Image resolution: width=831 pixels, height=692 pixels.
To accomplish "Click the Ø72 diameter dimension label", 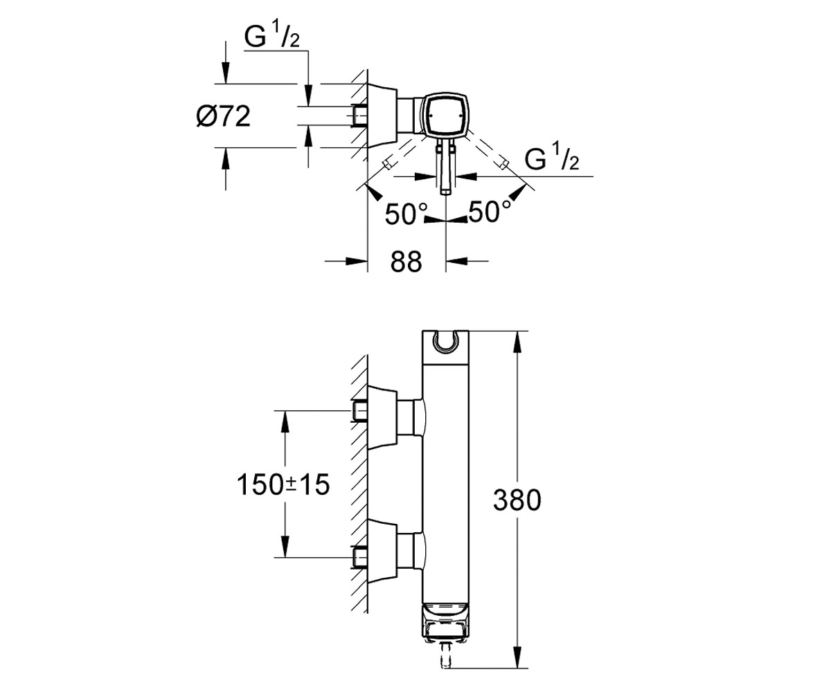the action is pyautogui.click(x=223, y=116).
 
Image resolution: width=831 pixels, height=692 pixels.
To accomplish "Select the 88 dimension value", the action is pyautogui.click(x=406, y=262).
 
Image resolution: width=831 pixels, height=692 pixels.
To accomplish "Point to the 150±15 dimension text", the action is pyautogui.click(x=283, y=485).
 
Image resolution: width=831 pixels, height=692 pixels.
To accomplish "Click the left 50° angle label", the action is pyautogui.click(x=406, y=214).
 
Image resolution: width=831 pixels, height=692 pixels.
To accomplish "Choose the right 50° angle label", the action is pyautogui.click(x=490, y=211).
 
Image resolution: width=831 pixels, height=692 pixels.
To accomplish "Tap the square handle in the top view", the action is pyautogui.click(x=445, y=116).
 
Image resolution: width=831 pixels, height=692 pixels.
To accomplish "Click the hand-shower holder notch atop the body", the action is pyautogui.click(x=445, y=343).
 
